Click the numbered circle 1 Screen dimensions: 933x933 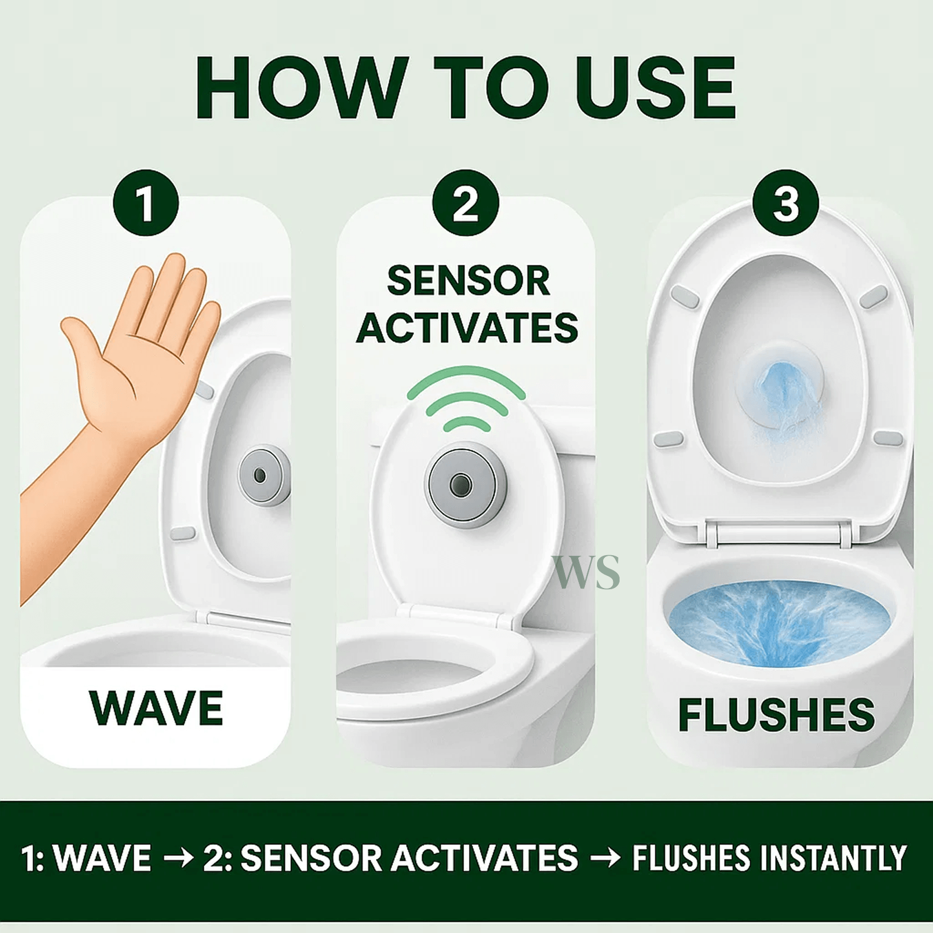tap(146, 203)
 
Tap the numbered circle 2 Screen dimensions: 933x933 tap(466, 203)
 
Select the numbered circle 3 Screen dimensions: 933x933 tap(785, 203)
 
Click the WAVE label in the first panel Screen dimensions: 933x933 tap(156, 708)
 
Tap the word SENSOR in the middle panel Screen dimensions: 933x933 tap(468, 281)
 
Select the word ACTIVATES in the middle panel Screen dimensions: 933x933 tap(466, 328)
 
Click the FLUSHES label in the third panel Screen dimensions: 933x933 tap(776, 715)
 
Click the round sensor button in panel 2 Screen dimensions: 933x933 tap(460, 484)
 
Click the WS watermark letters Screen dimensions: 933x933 tap(587, 572)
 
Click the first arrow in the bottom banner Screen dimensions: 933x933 tap(179, 858)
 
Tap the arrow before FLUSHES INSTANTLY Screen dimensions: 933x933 tap(606, 858)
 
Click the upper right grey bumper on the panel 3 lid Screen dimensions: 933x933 tap(874, 297)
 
